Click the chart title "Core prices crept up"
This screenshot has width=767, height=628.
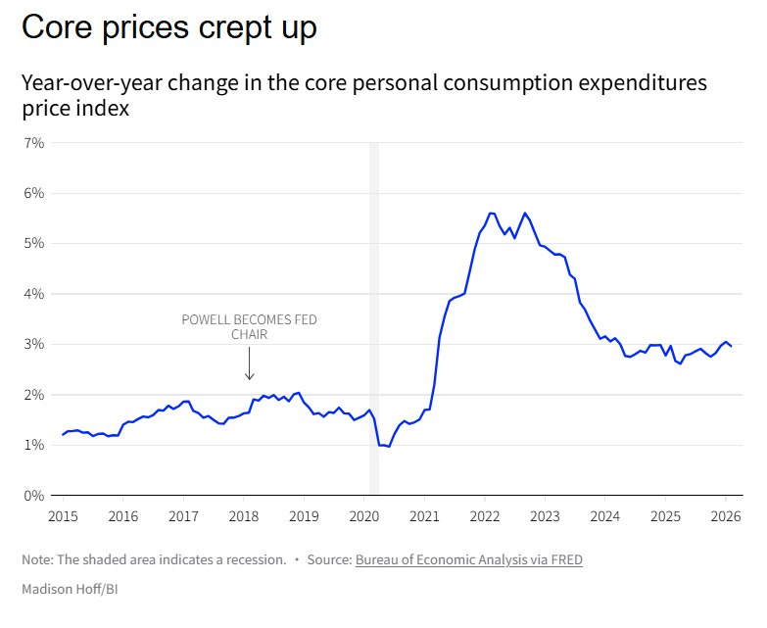click(169, 27)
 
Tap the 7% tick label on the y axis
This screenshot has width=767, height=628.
click(34, 143)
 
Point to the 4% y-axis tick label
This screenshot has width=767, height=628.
click(34, 294)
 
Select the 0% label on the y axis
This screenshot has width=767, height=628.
click(34, 496)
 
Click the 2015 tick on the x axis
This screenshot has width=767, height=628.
click(63, 515)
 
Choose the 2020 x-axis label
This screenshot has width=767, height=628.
click(363, 515)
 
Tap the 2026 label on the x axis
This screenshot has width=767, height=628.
click(725, 515)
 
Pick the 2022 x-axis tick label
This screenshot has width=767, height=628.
click(484, 515)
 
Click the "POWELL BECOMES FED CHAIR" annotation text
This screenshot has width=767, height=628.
click(250, 326)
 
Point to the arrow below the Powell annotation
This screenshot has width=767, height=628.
click(250, 364)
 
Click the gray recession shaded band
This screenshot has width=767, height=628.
click(374, 294)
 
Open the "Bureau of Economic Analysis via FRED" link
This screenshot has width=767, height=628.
click(469, 559)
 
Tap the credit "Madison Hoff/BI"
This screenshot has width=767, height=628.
click(63, 589)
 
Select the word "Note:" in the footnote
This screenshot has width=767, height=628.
click(38, 559)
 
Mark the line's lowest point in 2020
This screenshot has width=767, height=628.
click(388, 447)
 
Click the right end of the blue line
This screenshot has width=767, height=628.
click(731, 346)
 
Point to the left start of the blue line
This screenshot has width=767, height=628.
click(63, 434)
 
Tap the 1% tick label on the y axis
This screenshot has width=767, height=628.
click(34, 445)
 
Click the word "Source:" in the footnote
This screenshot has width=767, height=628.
click(329, 559)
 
